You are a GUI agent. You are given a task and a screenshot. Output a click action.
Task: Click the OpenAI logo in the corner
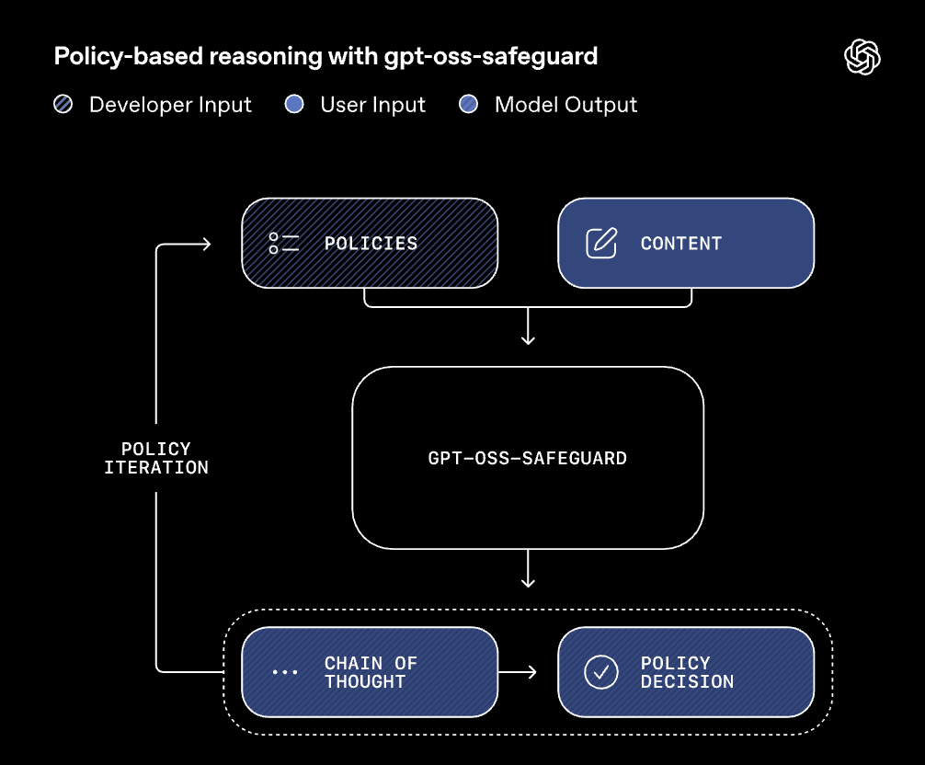[862, 58]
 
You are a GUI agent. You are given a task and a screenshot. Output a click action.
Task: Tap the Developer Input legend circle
[63, 105]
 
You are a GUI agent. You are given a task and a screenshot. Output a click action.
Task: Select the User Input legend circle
[294, 105]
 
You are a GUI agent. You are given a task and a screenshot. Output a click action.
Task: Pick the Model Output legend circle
[469, 105]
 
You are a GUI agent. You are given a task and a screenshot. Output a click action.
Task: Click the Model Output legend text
[565, 105]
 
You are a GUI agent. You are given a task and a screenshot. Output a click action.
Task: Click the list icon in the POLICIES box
[284, 244]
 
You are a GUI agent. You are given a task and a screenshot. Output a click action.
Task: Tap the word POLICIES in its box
[371, 244]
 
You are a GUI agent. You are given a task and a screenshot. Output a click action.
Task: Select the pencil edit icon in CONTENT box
[601, 244]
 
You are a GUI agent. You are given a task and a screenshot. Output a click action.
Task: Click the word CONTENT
[681, 244]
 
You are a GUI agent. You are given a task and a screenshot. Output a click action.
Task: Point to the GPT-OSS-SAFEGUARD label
[528, 458]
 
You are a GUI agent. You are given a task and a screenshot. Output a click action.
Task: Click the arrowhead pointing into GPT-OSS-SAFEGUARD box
[528, 339]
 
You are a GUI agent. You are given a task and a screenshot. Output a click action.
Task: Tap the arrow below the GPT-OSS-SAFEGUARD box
[528, 572]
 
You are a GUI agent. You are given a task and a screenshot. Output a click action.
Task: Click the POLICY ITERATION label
[156, 458]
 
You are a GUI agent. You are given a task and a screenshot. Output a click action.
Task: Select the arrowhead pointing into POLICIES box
[205, 244]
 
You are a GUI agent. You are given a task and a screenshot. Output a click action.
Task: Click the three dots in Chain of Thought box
[284, 672]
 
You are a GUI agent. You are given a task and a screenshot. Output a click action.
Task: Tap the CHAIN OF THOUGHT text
[371, 672]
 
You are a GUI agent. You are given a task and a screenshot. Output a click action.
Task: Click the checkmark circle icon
[601, 672]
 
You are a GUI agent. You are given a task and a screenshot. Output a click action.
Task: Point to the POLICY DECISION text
[687, 672]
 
